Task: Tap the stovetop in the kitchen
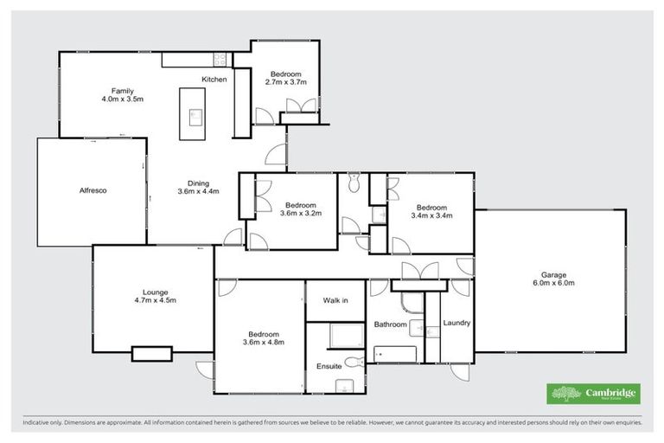click(x=221, y=60)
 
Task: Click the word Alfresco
click(x=92, y=189)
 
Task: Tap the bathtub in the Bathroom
click(x=395, y=354)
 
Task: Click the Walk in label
click(x=335, y=300)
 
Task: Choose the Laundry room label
click(x=456, y=324)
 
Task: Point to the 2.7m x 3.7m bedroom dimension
click(x=285, y=83)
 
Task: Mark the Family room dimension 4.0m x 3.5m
click(x=121, y=99)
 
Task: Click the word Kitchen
click(x=214, y=80)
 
